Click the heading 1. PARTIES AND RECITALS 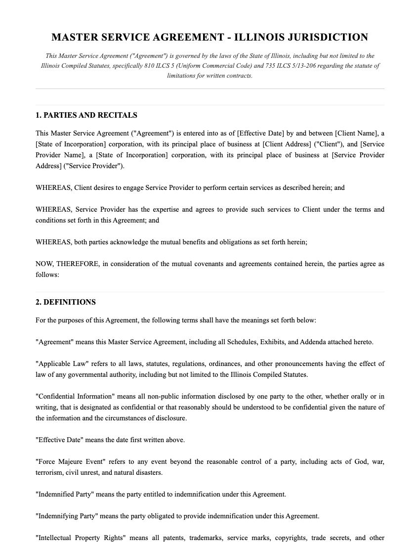[x=86, y=115]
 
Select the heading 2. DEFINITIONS [x=66, y=302]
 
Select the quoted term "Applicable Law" [x=59, y=364]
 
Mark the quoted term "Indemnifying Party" [x=67, y=516]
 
